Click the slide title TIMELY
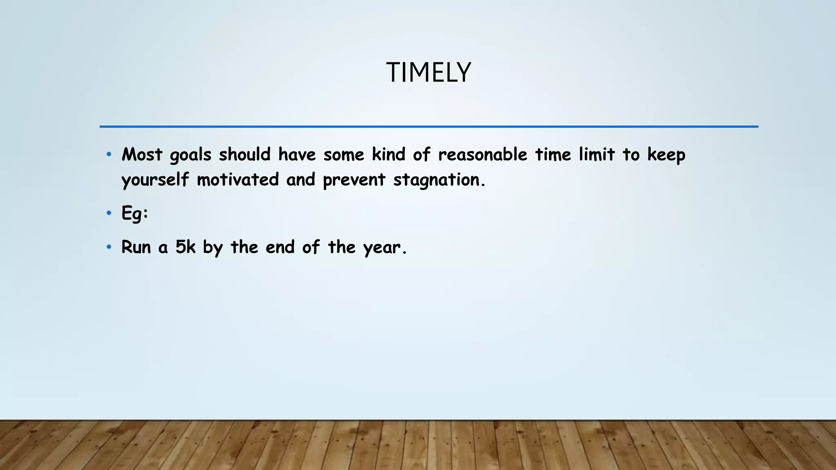pyautogui.click(x=428, y=73)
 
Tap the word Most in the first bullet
pyautogui.click(x=142, y=155)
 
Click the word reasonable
pyautogui.click(x=483, y=155)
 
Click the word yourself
pyautogui.click(x=155, y=180)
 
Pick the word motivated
pyautogui.click(x=238, y=180)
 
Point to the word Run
pyautogui.click(x=136, y=247)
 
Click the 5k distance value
pyautogui.click(x=185, y=247)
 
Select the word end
pyautogui.click(x=280, y=247)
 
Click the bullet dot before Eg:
pyautogui.click(x=109, y=213)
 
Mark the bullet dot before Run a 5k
pyautogui.click(x=109, y=247)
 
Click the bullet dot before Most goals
pyautogui.click(x=109, y=154)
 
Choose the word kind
pyautogui.click(x=388, y=155)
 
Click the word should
pyautogui.click(x=245, y=155)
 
